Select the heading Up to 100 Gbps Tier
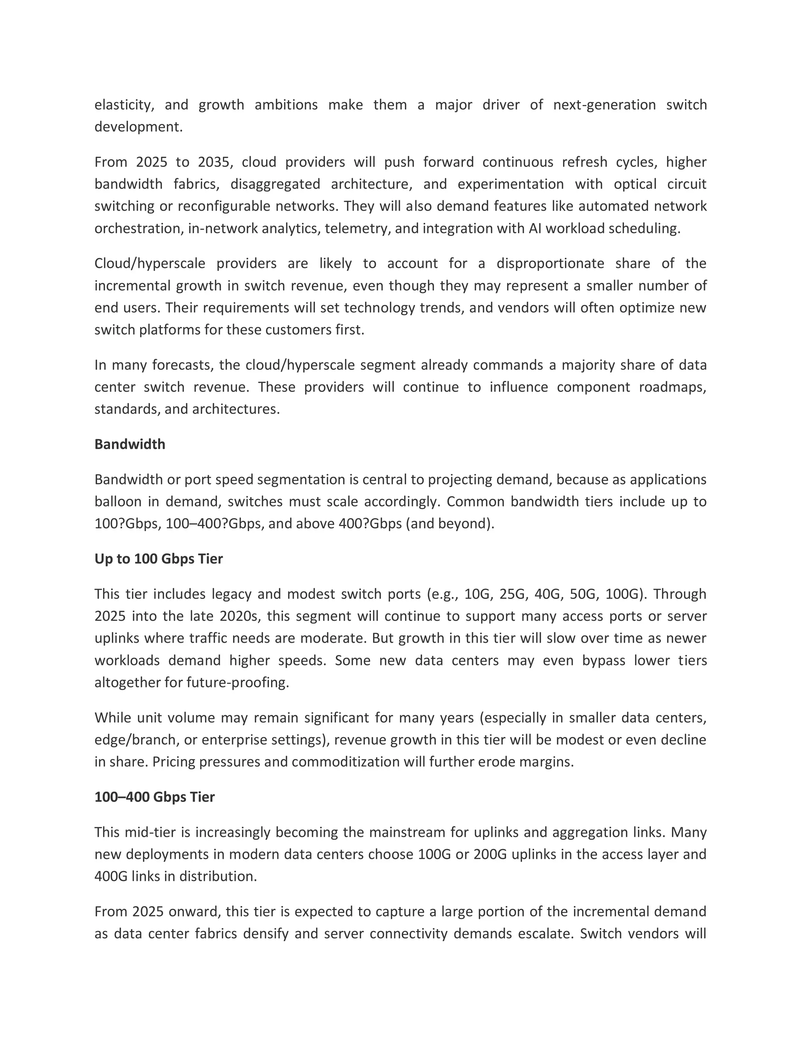click(158, 559)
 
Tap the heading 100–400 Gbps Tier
click(154, 797)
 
